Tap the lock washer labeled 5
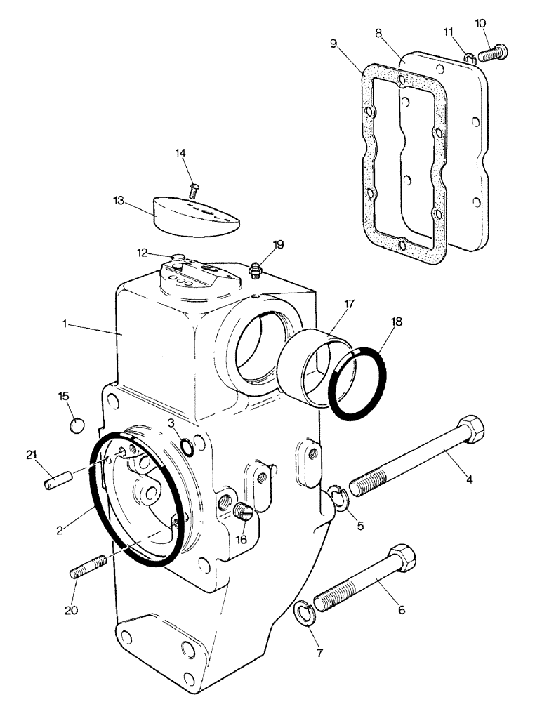coord(340,499)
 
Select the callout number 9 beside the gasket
coord(334,44)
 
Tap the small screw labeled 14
coord(195,188)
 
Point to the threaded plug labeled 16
coord(243,512)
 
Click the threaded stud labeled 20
coord(88,566)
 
